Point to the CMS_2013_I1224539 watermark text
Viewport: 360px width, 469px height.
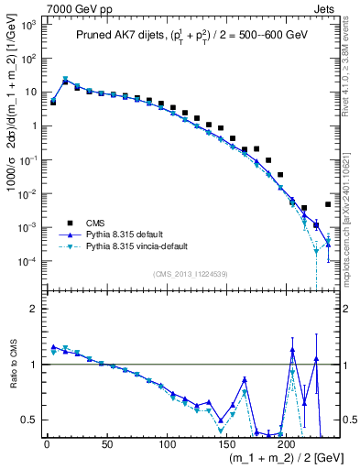click(x=191, y=273)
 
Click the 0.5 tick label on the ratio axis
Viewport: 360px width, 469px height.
click(x=28, y=420)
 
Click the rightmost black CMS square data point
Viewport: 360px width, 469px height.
click(x=328, y=204)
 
